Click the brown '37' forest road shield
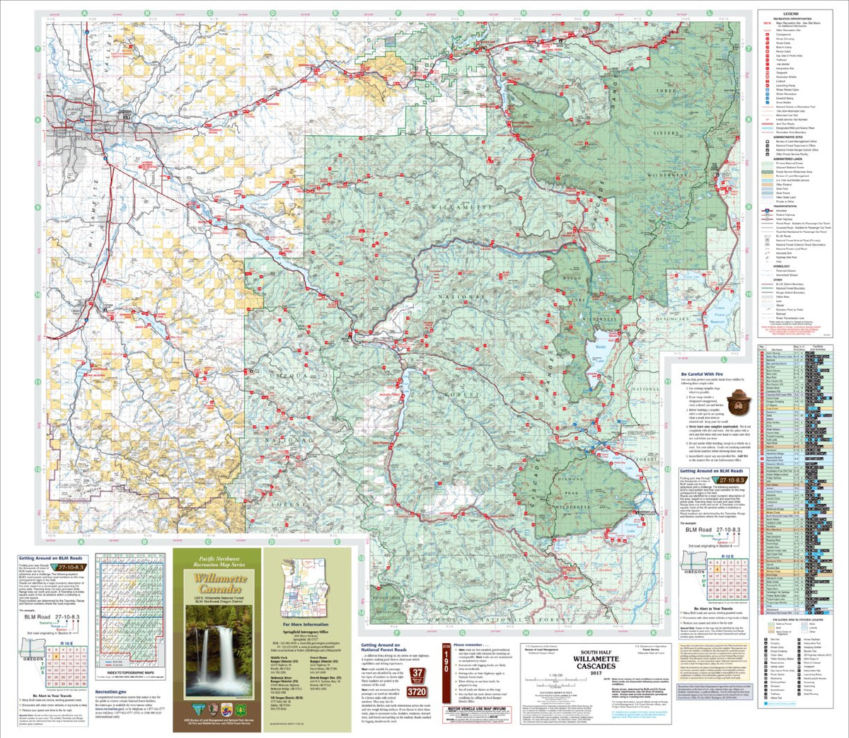point(417,674)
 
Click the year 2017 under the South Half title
point(595,674)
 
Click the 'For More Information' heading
point(306,625)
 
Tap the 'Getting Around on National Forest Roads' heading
point(381,648)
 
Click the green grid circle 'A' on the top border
point(84,13)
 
